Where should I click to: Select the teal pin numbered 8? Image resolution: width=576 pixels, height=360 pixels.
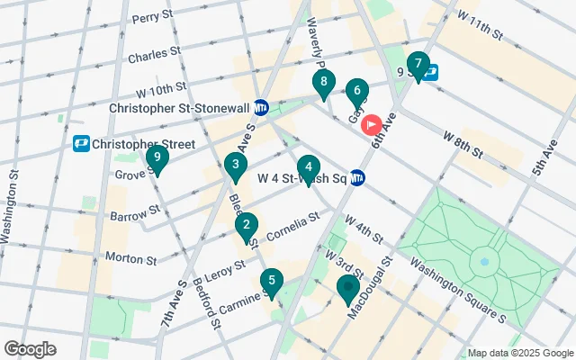point(323,84)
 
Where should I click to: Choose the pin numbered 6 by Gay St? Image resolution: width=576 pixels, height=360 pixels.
point(357,91)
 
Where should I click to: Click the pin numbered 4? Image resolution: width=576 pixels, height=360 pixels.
point(309,167)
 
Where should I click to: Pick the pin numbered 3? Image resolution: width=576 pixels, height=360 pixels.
point(236,166)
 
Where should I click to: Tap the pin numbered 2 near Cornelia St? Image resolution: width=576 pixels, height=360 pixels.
point(247,226)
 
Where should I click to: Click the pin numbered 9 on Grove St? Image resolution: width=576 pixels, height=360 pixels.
point(157,160)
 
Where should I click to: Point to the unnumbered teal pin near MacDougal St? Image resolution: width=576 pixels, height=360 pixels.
point(348,288)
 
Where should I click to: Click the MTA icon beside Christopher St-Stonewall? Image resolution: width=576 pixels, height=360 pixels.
point(261,107)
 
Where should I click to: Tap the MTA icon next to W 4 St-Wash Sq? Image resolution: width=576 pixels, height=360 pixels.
point(357,177)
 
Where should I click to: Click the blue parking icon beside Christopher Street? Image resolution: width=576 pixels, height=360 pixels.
point(82,144)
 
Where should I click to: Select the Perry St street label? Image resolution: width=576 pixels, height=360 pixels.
point(150,18)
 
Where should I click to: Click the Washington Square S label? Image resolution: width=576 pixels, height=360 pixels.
point(458,290)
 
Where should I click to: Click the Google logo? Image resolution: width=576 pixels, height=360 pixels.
point(30,349)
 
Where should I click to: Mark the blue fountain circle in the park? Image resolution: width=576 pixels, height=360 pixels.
point(484,263)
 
